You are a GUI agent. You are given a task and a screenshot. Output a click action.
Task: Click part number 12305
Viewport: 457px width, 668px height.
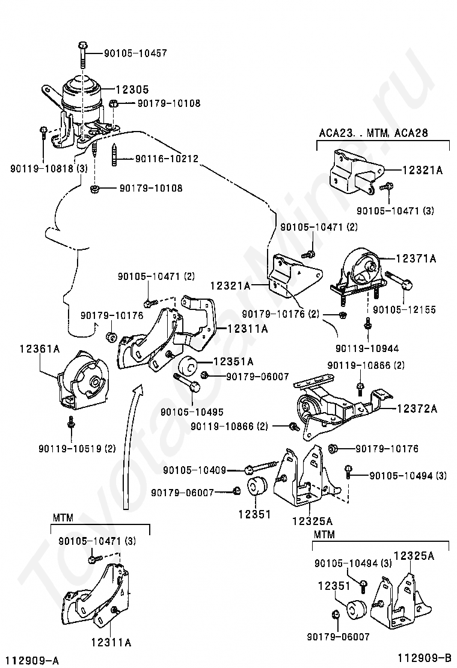tap(132, 90)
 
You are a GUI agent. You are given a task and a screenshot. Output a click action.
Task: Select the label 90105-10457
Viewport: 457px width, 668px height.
tap(135, 53)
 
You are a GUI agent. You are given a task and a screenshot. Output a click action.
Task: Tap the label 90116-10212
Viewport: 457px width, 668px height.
tap(167, 159)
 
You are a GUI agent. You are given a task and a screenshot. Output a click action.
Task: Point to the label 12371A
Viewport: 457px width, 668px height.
tap(416, 258)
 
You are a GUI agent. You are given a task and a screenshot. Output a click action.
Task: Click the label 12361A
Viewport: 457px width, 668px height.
tap(40, 350)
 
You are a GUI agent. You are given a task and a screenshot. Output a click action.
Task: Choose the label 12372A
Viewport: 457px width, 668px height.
tap(417, 409)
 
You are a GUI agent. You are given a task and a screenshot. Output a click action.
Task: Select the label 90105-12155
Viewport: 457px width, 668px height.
tap(404, 310)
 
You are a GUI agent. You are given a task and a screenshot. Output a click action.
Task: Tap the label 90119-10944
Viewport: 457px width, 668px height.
tap(367, 348)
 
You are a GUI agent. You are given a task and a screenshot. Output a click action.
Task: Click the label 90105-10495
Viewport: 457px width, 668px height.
tap(192, 412)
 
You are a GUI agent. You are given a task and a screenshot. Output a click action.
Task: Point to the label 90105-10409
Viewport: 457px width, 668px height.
tap(194, 470)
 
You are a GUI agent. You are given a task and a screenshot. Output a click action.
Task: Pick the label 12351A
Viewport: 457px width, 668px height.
tap(233, 362)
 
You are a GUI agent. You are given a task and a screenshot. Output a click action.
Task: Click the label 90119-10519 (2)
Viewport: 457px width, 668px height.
tap(77, 448)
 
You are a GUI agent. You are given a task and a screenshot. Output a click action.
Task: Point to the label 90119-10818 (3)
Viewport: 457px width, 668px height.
tap(49, 168)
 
